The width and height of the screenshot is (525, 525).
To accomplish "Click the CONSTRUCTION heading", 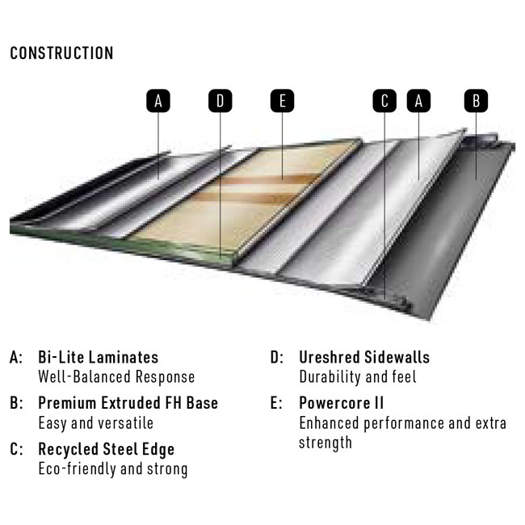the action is point(61,53).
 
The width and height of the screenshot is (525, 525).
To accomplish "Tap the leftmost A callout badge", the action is point(158,101).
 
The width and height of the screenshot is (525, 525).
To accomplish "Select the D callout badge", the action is point(220,101).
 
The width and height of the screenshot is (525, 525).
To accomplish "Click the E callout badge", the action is point(282,101).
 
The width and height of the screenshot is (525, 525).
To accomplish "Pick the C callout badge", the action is point(384,101).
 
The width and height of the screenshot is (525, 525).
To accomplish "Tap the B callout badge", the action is point(476,101).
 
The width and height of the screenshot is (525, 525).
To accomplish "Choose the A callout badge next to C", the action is point(418,101).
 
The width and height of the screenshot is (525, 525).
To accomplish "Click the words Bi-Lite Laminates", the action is point(98,357).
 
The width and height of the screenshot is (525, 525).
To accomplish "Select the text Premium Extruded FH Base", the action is point(128,403).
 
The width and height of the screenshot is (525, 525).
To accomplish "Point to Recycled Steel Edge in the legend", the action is point(106,450).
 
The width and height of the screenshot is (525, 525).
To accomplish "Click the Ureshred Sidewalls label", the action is point(364,357).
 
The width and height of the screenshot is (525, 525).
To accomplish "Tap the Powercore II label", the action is point(341,403).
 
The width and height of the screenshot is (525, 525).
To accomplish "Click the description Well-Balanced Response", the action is point(116,377).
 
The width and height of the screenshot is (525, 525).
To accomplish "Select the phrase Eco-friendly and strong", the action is point(113,469).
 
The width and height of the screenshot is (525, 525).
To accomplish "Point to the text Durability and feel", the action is point(358,377).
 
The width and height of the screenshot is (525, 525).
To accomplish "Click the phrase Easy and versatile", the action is point(96,423).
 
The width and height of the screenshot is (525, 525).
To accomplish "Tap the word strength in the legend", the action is point(325,443).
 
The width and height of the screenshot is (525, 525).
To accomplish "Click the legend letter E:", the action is point(276,403).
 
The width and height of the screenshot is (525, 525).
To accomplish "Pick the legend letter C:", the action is point(16,449).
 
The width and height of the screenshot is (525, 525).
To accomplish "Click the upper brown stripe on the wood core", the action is point(268,180).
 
